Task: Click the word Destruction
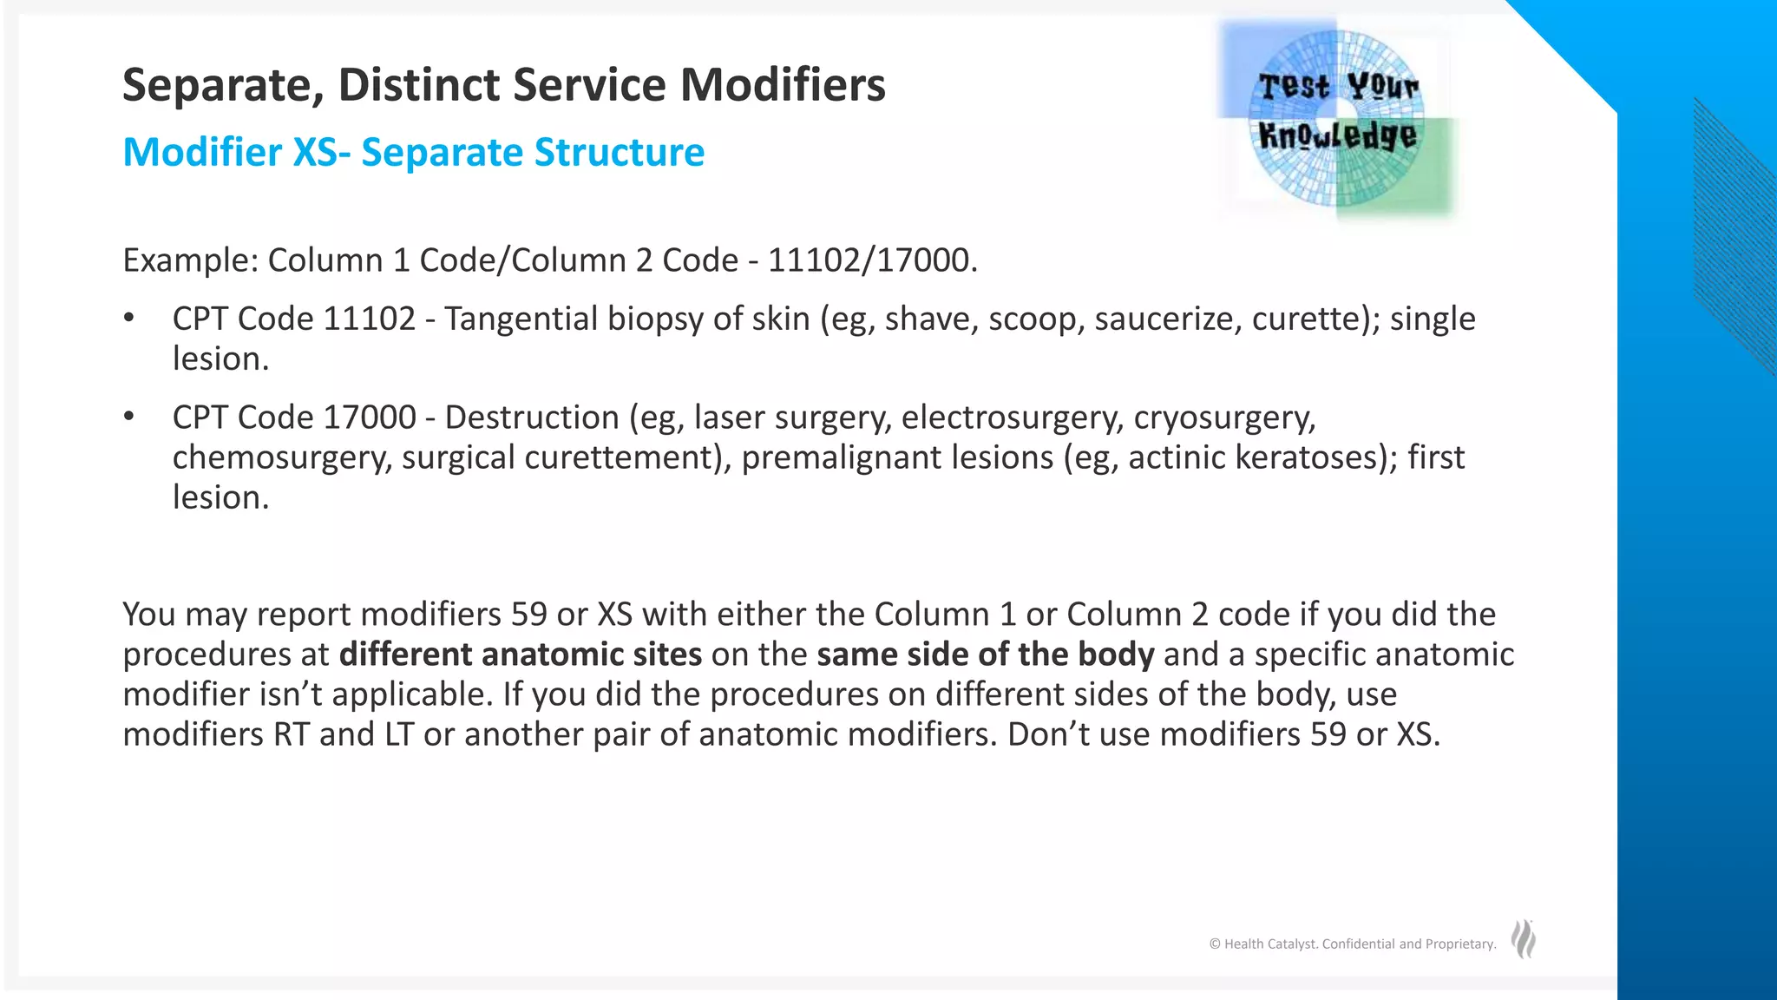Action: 532,418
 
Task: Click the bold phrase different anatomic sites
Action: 520,655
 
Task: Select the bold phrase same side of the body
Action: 985,655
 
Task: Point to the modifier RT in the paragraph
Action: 292,734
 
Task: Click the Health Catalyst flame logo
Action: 1524,940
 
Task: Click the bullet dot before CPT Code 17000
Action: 128,418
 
